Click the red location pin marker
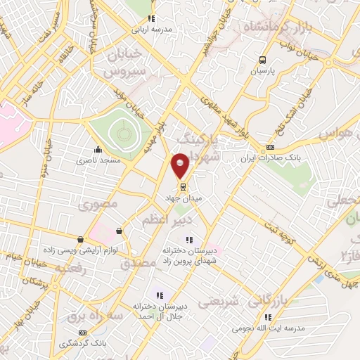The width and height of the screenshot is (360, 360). pyautogui.click(x=181, y=165)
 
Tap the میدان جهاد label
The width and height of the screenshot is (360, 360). pyautogui.click(x=183, y=199)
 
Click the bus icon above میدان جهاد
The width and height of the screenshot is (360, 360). pyautogui.click(x=183, y=187)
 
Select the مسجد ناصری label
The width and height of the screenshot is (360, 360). pyautogui.click(x=99, y=160)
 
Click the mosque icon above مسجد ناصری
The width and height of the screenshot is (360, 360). pyautogui.click(x=98, y=149)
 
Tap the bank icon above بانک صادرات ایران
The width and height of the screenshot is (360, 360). pyautogui.click(x=271, y=148)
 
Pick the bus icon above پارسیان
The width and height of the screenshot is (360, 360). pyautogui.click(x=263, y=60)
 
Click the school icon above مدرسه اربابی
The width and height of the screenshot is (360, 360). pyautogui.click(x=149, y=19)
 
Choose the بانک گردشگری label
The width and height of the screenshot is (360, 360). pyautogui.click(x=83, y=344)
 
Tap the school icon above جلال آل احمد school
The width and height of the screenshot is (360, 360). pyautogui.click(x=160, y=295)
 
